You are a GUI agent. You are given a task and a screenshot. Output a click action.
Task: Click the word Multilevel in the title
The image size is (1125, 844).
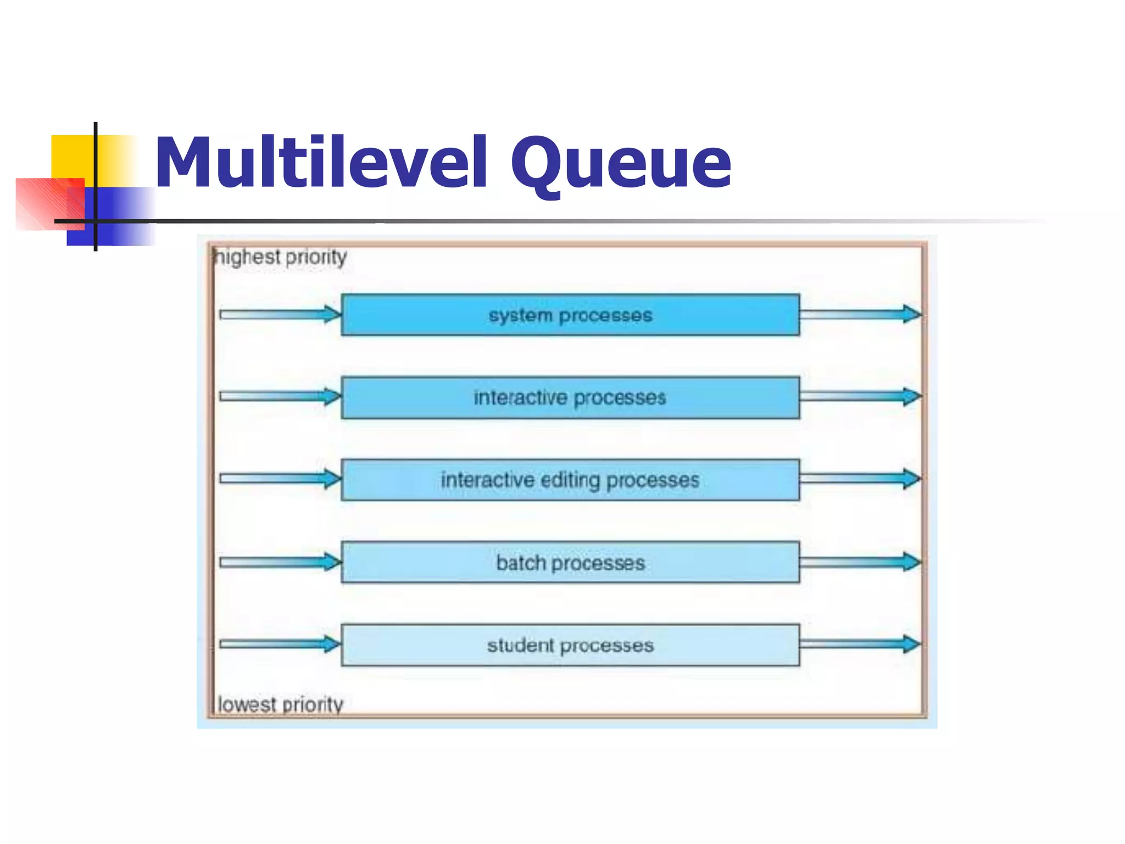(x=321, y=163)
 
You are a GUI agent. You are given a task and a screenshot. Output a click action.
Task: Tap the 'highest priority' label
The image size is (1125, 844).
(x=281, y=257)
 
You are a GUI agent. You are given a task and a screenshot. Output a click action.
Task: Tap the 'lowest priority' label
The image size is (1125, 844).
(x=280, y=704)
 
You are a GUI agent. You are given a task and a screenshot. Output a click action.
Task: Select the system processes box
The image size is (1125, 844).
(x=570, y=315)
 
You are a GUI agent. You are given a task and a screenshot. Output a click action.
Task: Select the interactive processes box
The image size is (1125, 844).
(x=570, y=397)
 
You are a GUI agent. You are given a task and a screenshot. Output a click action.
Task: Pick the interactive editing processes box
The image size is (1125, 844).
(x=570, y=480)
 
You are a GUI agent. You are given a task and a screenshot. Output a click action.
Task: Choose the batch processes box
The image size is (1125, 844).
(x=570, y=562)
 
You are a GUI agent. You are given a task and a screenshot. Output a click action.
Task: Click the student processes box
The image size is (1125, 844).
(x=570, y=645)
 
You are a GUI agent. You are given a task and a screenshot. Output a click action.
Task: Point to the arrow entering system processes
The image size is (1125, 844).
(x=280, y=314)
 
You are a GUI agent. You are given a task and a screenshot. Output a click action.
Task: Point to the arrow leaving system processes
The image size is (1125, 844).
(x=860, y=314)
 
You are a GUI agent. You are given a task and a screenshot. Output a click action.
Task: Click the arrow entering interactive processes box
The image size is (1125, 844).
(x=280, y=396)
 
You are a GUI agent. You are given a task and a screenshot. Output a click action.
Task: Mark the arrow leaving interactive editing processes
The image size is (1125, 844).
(x=860, y=479)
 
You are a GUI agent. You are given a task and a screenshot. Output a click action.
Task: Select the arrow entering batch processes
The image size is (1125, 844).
(x=280, y=562)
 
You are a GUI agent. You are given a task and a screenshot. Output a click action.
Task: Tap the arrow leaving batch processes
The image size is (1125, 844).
(x=860, y=562)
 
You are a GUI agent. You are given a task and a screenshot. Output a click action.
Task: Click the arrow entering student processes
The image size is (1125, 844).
(x=280, y=644)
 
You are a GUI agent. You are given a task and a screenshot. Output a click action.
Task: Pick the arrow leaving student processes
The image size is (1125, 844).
(x=860, y=644)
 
